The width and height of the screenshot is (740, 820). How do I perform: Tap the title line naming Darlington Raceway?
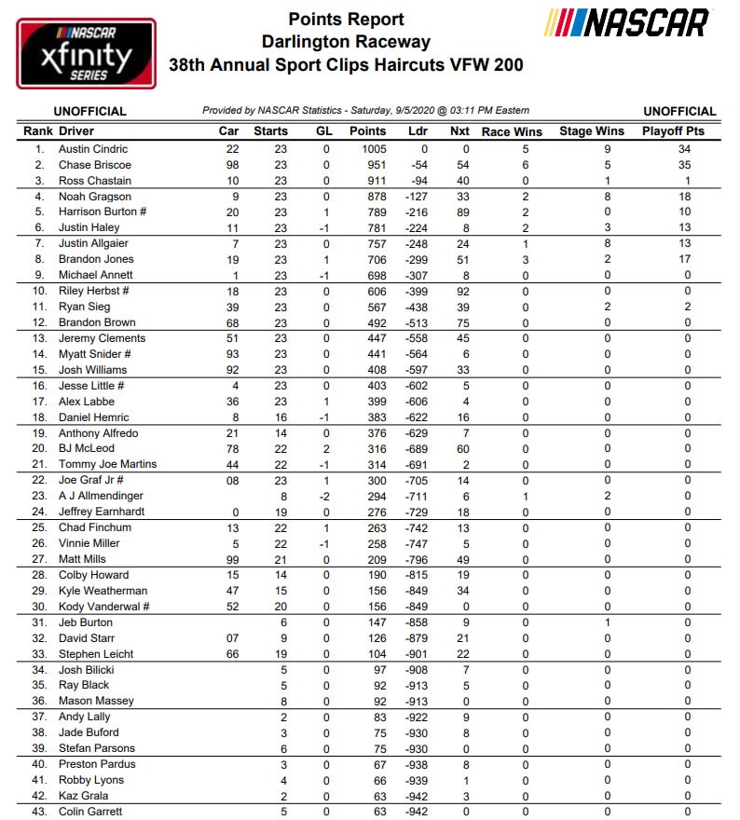click(346, 42)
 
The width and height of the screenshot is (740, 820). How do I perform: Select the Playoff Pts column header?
click(673, 131)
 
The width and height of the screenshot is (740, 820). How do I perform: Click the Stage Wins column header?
click(591, 131)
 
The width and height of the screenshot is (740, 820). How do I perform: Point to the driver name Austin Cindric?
click(93, 149)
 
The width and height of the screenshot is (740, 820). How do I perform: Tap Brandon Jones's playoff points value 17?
click(687, 259)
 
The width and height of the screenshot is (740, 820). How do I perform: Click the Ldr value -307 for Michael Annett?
click(418, 275)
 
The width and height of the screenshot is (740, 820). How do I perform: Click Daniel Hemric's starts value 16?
click(281, 417)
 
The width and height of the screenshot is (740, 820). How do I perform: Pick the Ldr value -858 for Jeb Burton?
click(418, 622)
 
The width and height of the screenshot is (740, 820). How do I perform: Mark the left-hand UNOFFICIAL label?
click(89, 111)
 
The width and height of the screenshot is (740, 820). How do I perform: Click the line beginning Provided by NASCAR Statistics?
click(366, 111)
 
